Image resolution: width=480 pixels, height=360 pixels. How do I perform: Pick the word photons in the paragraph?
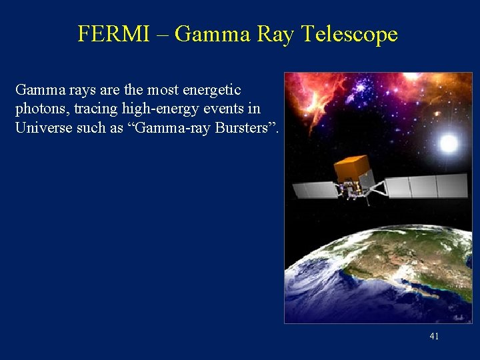[x=39, y=109]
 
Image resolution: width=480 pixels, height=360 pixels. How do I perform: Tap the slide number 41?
[x=434, y=336]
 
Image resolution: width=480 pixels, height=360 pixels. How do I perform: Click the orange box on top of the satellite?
[x=352, y=169]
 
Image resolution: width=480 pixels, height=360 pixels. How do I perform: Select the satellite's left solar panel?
[x=315, y=190]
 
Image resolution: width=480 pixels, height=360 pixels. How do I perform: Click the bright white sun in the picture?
[x=448, y=142]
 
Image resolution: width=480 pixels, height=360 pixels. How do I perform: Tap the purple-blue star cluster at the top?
[x=363, y=87]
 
